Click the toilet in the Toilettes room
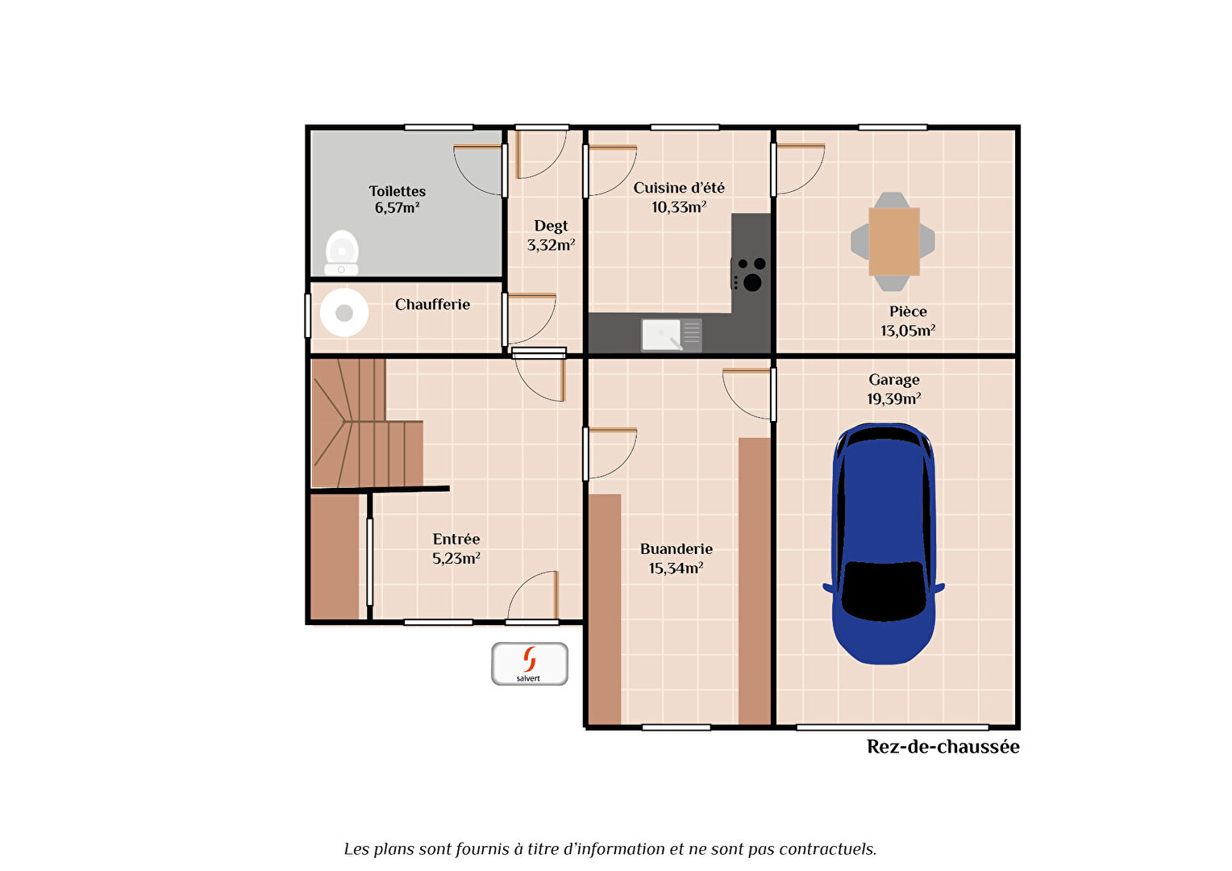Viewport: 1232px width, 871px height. (x=342, y=252)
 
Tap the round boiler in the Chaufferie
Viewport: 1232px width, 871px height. (x=344, y=313)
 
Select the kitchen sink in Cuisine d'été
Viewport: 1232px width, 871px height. (x=671, y=334)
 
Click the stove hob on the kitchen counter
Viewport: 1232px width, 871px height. (x=748, y=273)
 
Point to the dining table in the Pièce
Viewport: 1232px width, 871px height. (x=893, y=242)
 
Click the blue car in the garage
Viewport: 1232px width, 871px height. (x=884, y=543)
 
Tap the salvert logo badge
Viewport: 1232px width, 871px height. (x=529, y=664)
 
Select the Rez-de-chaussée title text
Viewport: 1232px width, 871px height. (x=943, y=747)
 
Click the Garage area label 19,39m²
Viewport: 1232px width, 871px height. (x=893, y=398)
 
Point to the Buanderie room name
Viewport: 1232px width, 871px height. (x=676, y=548)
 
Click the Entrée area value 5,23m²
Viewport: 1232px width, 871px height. (x=456, y=558)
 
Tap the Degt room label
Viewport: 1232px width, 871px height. (x=551, y=226)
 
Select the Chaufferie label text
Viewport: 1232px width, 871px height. (x=432, y=304)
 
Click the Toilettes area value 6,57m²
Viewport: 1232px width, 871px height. (x=397, y=208)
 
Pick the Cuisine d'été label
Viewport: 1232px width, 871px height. (x=679, y=188)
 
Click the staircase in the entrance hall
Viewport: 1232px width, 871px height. (x=367, y=423)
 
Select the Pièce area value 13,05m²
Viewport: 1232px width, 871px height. (x=908, y=331)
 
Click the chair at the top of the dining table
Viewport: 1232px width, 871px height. (x=892, y=200)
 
